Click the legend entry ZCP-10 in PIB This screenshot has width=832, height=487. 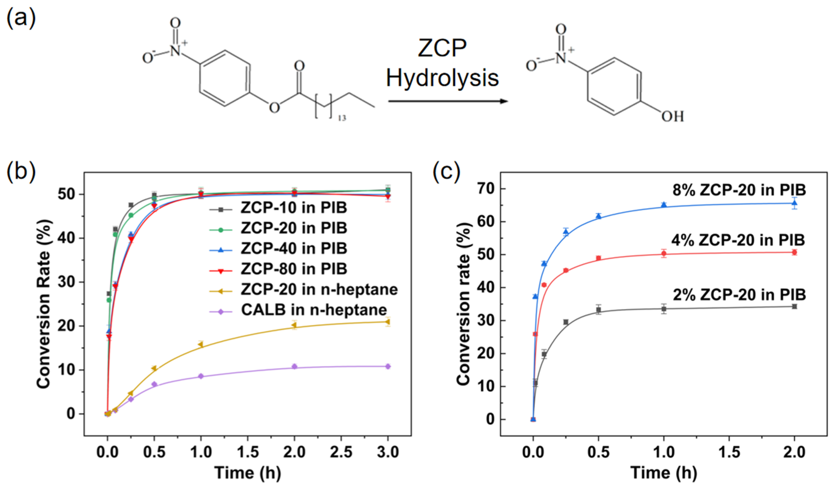click(x=294, y=208)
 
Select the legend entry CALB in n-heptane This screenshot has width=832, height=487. click(x=314, y=310)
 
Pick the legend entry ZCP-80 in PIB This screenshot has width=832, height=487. click(x=294, y=269)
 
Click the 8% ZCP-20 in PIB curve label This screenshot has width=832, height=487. click(x=739, y=190)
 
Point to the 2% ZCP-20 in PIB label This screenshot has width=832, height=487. click(x=739, y=295)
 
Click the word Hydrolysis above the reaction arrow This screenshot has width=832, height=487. click(x=442, y=78)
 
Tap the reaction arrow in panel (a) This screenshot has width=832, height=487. click(x=447, y=101)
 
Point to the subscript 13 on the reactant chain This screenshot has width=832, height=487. click(x=342, y=118)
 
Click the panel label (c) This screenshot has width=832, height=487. click(x=446, y=171)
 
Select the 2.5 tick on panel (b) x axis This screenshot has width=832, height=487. click(x=341, y=452)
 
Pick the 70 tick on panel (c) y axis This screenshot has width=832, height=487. click(x=486, y=189)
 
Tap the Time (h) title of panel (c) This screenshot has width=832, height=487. click(x=664, y=472)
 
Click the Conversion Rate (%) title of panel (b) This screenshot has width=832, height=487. click(x=44, y=304)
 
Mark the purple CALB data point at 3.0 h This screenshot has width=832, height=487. click(x=388, y=366)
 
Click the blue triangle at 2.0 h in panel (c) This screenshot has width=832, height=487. click(x=794, y=203)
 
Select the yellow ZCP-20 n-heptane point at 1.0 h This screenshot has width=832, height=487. click(x=200, y=345)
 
